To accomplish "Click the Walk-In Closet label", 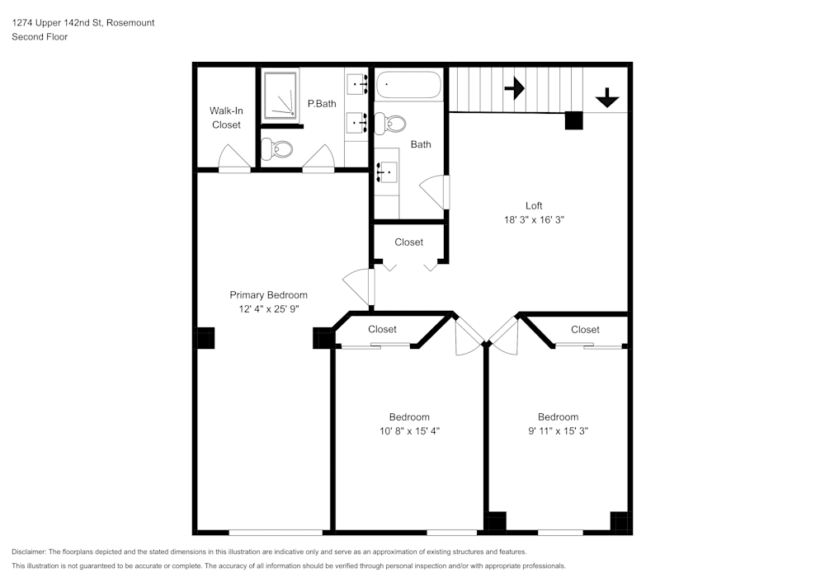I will [226, 117].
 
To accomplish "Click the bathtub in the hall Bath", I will [408, 85].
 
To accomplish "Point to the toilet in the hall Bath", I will [389, 124].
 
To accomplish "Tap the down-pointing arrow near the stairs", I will [607, 98].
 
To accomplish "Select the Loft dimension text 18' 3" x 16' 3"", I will [534, 220].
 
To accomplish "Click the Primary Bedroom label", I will [268, 295].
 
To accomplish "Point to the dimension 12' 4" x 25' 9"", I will [268, 309].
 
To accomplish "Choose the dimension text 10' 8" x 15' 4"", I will [409, 431].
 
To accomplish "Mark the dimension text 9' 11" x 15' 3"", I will [558, 431].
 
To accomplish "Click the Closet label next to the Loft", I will [408, 242].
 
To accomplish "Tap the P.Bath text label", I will [322, 104].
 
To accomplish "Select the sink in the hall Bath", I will [387, 172].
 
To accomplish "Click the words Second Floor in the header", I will [40, 37].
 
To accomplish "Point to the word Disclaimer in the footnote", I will [29, 552].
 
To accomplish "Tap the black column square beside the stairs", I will [573, 120].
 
